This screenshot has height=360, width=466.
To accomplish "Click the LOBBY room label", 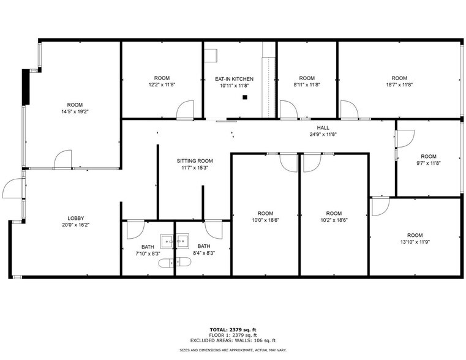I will (x=76, y=218).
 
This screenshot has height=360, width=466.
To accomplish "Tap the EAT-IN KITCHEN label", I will (x=233, y=79).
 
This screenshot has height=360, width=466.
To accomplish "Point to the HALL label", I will (x=323, y=128).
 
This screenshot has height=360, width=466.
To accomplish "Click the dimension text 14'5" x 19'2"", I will (x=75, y=112).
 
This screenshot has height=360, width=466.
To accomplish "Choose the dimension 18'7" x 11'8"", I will (x=399, y=85).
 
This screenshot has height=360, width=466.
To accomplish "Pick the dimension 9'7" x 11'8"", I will (x=429, y=163).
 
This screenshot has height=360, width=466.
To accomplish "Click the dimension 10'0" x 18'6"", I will (x=265, y=220).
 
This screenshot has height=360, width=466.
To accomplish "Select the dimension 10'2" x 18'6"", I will (x=333, y=220).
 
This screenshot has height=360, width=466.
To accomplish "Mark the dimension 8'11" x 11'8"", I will (x=307, y=85).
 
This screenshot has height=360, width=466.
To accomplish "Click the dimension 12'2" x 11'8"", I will (x=162, y=85).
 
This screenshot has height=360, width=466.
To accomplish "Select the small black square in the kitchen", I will (x=244, y=97).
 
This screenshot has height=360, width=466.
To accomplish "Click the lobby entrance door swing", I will (x=12, y=188).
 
